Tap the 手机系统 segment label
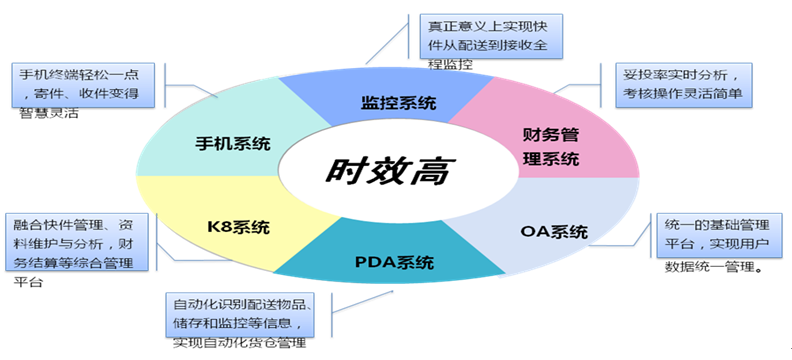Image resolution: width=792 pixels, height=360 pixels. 233,143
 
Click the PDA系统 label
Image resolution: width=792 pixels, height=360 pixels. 394,263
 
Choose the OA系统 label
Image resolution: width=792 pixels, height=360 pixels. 554,232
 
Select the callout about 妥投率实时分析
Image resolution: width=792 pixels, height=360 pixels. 684,85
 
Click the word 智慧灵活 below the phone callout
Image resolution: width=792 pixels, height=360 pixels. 47,113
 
